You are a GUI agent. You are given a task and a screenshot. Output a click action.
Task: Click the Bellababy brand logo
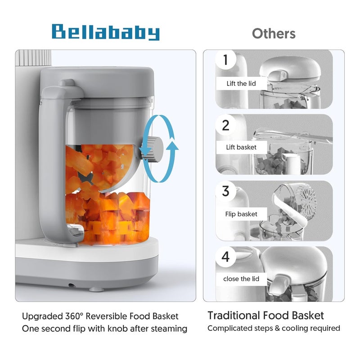pyautogui.click(x=106, y=32)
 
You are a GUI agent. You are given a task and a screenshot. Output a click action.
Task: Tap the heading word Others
pyautogui.click(x=274, y=33)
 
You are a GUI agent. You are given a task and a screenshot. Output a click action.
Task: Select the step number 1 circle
pyautogui.click(x=225, y=59)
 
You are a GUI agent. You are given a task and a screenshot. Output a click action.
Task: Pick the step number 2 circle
pyautogui.click(x=225, y=125)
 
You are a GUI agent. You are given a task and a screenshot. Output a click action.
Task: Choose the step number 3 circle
pyautogui.click(x=225, y=191)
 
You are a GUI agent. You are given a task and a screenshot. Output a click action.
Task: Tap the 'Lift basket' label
pyautogui.click(x=241, y=147)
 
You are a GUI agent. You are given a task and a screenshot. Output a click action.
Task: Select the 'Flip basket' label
pyautogui.click(x=242, y=214)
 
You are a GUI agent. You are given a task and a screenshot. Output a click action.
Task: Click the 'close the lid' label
pyautogui.click(x=241, y=279)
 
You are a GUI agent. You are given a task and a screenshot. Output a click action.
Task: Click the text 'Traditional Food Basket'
pyautogui.click(x=265, y=315)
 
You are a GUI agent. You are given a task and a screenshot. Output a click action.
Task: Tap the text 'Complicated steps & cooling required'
pyautogui.click(x=274, y=328)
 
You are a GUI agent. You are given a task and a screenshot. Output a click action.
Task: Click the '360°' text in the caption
pyautogui.click(x=78, y=316)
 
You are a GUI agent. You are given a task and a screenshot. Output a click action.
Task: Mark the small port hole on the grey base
pyautogui.click(x=71, y=285)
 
